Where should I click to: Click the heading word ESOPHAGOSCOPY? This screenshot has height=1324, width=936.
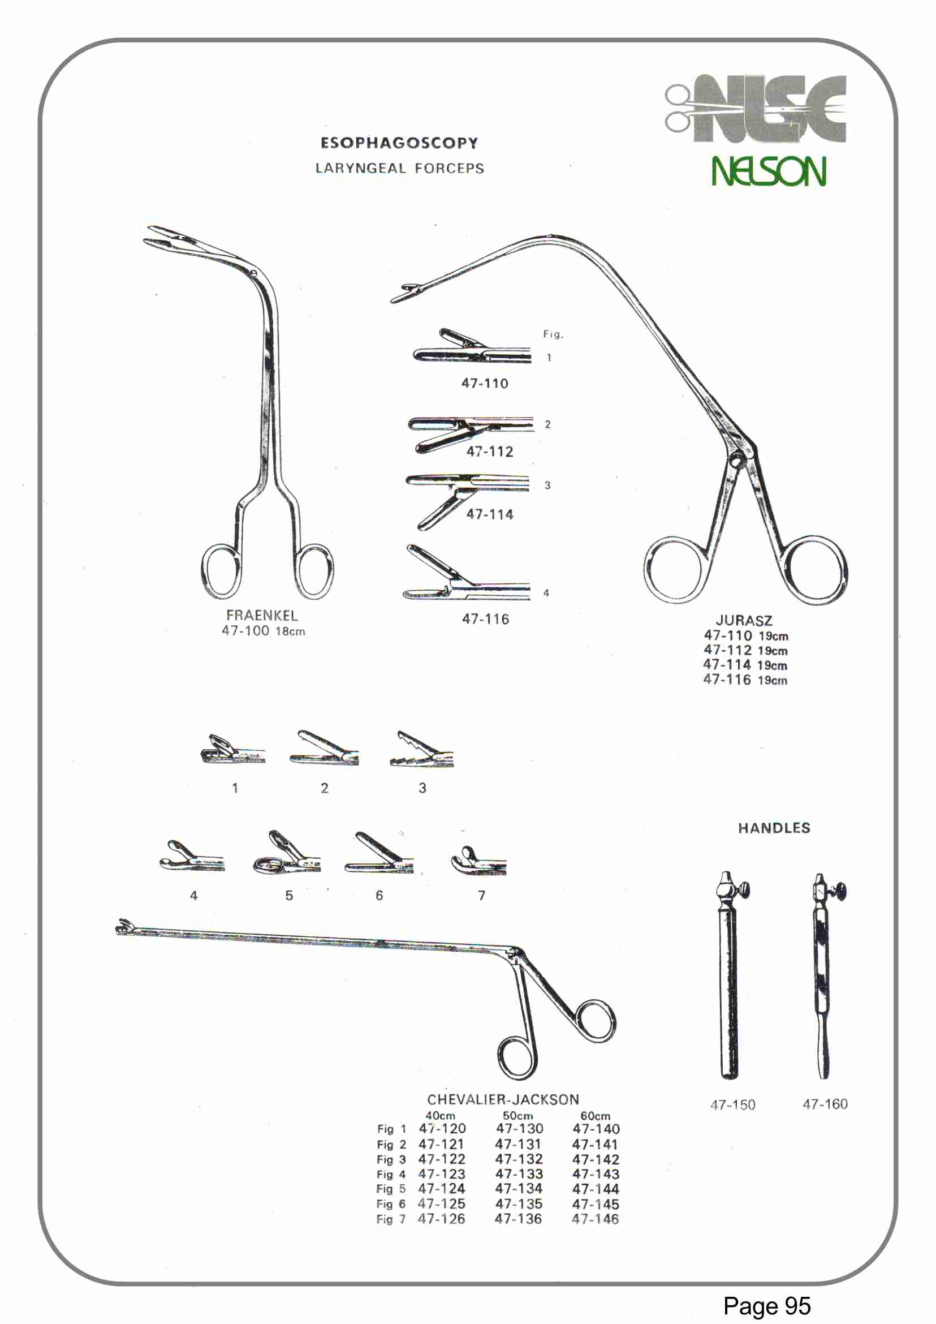click(399, 143)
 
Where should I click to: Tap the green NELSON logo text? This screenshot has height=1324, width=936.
click(768, 171)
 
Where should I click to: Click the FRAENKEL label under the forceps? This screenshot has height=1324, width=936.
click(262, 615)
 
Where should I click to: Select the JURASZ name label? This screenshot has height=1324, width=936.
click(744, 621)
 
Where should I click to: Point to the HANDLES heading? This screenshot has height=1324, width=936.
click(774, 828)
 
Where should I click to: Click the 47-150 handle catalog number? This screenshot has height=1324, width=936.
click(732, 1105)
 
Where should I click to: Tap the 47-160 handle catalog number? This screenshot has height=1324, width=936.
click(825, 1104)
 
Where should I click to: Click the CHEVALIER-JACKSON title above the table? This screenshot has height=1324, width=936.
click(503, 1100)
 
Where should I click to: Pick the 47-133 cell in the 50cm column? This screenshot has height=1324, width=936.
click(519, 1174)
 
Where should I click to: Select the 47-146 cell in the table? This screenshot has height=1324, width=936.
click(596, 1219)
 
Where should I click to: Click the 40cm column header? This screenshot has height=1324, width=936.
click(441, 1116)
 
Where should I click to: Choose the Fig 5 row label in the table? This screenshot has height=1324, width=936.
click(391, 1189)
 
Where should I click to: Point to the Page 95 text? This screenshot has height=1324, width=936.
click(766, 1305)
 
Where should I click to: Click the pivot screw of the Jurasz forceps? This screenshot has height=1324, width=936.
click(736, 460)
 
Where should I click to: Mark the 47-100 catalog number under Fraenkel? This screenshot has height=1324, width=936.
click(245, 631)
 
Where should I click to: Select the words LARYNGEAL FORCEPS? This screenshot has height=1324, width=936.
click(399, 169)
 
